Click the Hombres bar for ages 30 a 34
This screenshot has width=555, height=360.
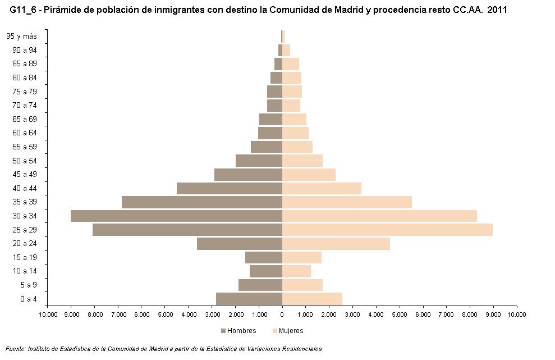[176, 216]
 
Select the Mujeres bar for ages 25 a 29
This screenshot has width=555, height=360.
[387, 230]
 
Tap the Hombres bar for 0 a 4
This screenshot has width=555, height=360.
[249, 299]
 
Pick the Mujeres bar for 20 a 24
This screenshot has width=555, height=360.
[336, 244]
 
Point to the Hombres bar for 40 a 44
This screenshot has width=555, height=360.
[230, 188]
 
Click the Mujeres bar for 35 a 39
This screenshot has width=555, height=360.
[347, 202]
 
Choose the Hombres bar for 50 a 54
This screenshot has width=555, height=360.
[259, 161]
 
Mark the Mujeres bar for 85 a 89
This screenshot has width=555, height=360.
[291, 64]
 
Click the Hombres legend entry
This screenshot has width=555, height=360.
[238, 331]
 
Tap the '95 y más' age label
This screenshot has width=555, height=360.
[22, 37]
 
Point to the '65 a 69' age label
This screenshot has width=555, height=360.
[25, 119]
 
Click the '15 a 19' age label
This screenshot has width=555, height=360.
[25, 257]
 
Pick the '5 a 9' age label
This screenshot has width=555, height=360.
[28, 285]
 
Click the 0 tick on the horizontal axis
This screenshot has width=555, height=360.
[282, 315]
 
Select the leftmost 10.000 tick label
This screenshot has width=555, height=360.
[48, 315]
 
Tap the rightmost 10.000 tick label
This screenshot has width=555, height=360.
[516, 315]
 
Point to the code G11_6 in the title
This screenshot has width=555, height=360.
[23, 10]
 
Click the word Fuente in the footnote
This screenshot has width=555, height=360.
[15, 349]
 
